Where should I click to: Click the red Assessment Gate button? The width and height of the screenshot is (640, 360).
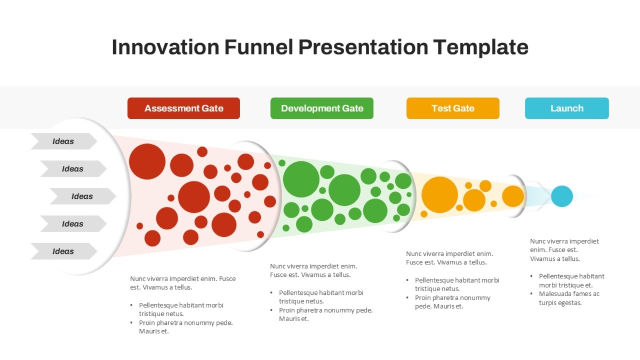[x=183, y=108]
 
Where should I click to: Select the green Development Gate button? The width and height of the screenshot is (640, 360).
[x=322, y=108]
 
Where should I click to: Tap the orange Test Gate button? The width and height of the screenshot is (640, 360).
[x=453, y=108]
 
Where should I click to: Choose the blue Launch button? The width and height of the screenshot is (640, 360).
[x=567, y=108]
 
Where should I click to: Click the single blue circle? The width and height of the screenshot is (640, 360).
[x=562, y=196]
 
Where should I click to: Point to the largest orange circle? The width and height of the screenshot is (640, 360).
[x=439, y=195]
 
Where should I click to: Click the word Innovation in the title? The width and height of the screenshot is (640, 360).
[x=165, y=47]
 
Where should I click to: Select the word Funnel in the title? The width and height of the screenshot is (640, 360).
[x=259, y=47]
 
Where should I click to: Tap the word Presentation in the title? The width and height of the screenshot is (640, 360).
[x=363, y=47]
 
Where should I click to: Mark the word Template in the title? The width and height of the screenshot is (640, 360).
[x=481, y=47]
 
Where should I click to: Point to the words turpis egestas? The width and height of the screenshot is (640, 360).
[x=561, y=303]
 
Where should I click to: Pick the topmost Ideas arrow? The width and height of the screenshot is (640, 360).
[x=64, y=141]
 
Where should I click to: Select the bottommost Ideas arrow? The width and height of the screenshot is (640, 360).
[x=64, y=251]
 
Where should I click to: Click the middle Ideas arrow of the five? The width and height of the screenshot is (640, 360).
[x=83, y=196]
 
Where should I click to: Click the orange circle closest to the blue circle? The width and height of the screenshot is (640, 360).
[x=513, y=196]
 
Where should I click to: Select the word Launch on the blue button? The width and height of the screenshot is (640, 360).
[x=567, y=108]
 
